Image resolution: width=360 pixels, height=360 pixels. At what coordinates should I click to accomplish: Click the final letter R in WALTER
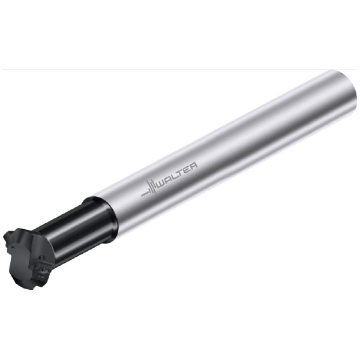point(193,164)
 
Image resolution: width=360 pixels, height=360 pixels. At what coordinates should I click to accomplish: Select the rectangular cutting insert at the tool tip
point(42,272)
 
